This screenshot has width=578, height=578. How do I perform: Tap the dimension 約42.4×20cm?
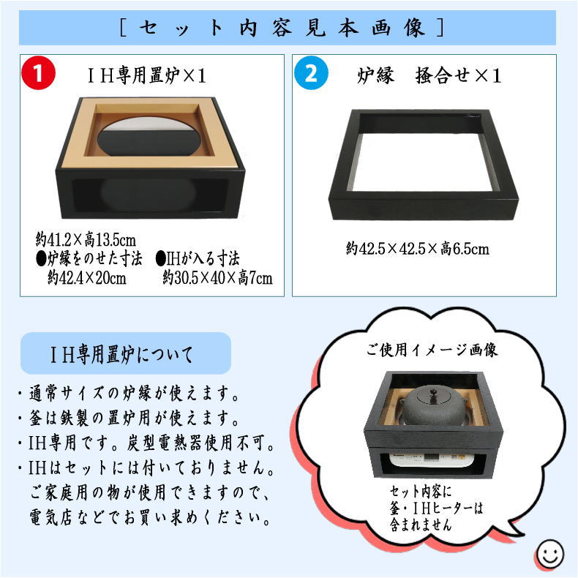coord(87,278)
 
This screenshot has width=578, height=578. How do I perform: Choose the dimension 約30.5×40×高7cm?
coord(217,278)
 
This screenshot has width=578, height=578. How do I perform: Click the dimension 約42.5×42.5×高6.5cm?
coord(419,249)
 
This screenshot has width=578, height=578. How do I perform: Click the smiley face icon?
coord(548,553)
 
